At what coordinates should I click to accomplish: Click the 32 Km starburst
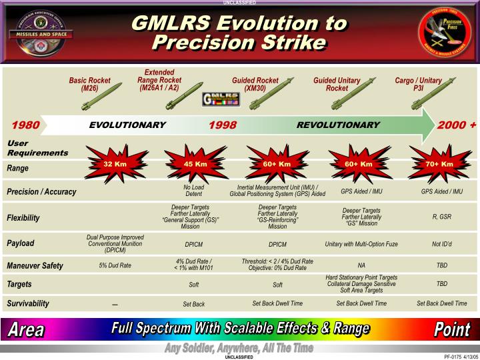tap(115, 164)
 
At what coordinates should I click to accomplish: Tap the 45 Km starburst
tap(195, 164)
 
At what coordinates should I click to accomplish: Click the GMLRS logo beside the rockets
tap(220, 100)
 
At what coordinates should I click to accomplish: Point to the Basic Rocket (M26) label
tap(89, 84)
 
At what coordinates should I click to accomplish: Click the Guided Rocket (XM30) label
tap(255, 84)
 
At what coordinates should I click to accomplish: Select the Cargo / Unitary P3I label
tap(418, 84)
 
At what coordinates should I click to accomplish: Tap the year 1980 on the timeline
tap(25, 125)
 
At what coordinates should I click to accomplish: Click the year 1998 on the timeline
tap(223, 125)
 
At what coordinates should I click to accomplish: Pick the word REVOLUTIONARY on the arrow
tap(338, 125)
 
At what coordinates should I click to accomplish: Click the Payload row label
tap(20, 243)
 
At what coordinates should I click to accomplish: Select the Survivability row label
tap(28, 303)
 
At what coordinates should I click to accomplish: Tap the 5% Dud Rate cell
tap(115, 265)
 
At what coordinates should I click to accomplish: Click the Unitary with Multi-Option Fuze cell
tap(361, 244)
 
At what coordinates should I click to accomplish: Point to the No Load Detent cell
tap(193, 191)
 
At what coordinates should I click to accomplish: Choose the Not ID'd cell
tap(441, 244)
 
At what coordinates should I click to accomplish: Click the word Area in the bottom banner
tap(27, 329)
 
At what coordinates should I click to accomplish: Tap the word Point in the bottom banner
tap(452, 329)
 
